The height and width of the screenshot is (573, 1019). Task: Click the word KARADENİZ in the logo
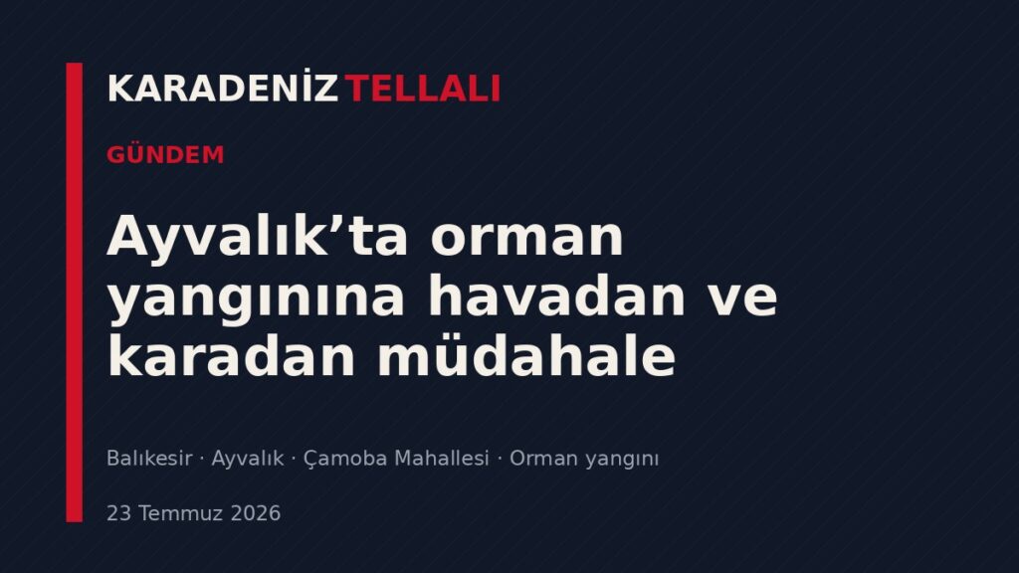tap(222, 88)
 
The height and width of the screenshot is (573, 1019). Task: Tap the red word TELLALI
tap(422, 89)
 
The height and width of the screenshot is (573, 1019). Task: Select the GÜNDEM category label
tap(166, 154)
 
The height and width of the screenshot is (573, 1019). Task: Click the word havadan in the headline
tap(556, 296)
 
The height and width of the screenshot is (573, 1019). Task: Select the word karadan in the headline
tap(231, 356)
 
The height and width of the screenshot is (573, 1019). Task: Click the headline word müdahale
tap(526, 356)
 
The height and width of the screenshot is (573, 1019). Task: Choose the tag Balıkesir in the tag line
tap(149, 458)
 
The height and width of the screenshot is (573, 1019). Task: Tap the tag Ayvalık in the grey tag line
tap(248, 459)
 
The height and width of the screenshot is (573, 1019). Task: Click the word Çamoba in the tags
tap(345, 459)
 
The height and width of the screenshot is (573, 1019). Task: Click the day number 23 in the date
tap(119, 513)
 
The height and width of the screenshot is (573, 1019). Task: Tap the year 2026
tap(256, 513)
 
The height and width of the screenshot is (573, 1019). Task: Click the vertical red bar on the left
tap(74, 292)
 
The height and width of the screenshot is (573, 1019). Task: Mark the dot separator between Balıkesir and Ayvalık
tap(202, 459)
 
